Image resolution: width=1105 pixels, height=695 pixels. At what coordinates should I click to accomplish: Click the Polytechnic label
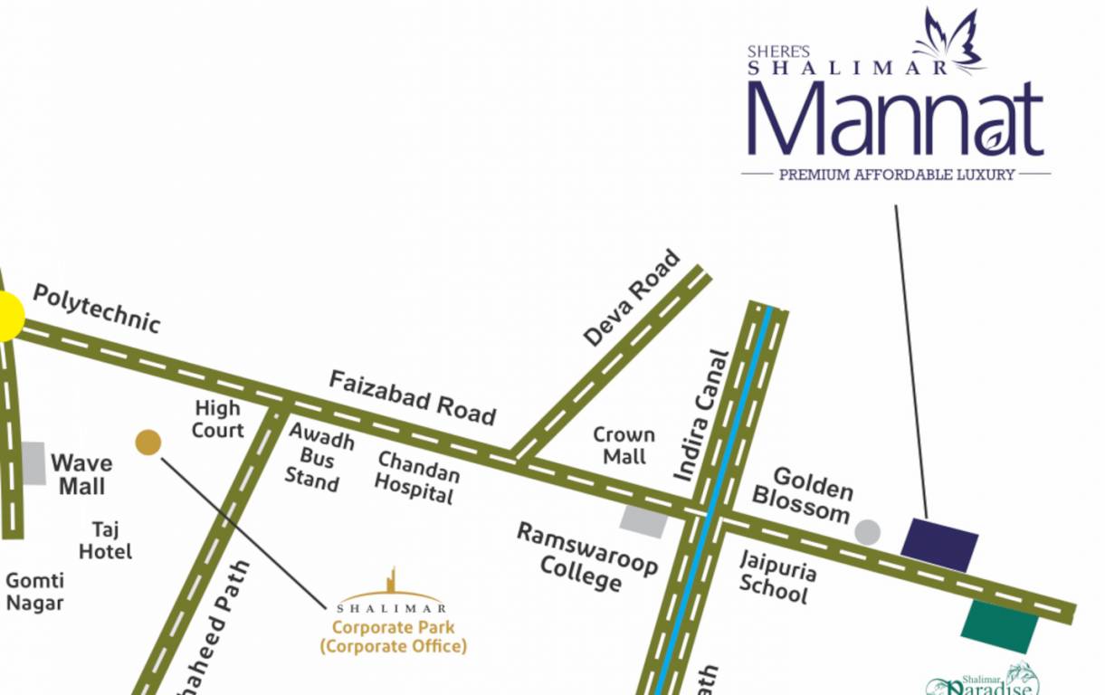96,309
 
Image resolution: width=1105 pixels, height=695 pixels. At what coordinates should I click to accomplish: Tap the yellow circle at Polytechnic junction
7,317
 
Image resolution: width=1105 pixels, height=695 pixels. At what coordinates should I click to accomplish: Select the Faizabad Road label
412,396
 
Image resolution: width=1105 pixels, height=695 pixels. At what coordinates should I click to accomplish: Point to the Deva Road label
631,298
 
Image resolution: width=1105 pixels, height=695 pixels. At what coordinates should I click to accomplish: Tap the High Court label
218,419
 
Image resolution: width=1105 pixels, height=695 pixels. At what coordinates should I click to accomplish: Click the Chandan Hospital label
416,477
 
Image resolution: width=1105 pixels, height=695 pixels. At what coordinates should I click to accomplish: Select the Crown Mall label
624,445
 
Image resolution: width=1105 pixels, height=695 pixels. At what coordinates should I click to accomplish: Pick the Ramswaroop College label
586,556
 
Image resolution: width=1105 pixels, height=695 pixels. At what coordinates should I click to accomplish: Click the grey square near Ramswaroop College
643,521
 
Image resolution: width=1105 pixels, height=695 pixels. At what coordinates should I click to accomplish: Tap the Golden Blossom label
803,493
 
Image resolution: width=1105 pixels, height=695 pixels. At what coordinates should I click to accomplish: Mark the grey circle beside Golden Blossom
867,532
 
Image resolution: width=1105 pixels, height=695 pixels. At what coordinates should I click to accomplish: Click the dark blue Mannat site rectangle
939,545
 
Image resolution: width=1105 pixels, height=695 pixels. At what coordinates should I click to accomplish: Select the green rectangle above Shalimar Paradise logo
1000,625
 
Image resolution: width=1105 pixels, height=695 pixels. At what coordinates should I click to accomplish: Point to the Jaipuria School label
776,576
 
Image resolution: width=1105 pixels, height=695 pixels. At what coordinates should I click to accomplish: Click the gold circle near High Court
148,443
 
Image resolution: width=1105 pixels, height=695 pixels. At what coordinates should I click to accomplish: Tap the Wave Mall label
81,474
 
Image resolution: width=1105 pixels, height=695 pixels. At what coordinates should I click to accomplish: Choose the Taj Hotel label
105,539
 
